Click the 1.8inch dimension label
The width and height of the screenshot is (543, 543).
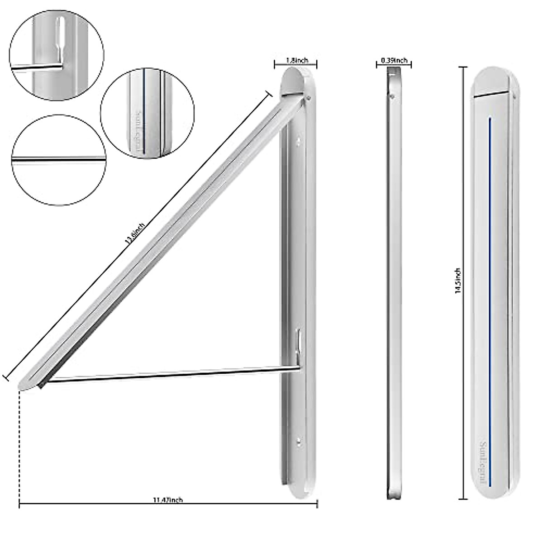[x=296, y=60]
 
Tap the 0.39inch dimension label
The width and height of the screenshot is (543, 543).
[x=394, y=60]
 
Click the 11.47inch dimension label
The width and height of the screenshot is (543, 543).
[x=167, y=500]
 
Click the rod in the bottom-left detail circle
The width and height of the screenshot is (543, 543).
[x=58, y=159]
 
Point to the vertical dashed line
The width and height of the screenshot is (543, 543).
[x=19, y=443]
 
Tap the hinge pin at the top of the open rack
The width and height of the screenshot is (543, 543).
[x=308, y=96]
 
